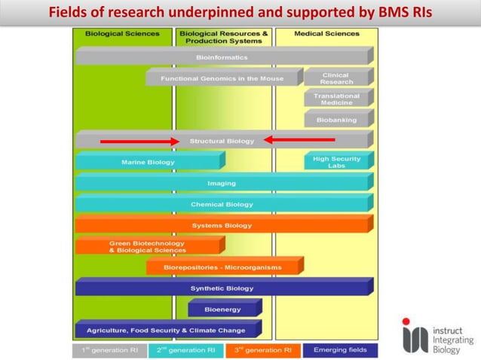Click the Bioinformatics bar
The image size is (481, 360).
[222, 57]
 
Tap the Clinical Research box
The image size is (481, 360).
[335, 78]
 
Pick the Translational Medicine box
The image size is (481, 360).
[335, 99]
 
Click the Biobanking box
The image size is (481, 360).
[335, 120]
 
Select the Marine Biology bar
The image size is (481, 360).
[148, 162]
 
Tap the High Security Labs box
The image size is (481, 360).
[335, 162]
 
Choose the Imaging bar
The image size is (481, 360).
[222, 183]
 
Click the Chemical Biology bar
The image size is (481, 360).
[222, 204]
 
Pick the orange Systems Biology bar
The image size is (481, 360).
[222, 225]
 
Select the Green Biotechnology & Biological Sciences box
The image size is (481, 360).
[148, 246]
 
